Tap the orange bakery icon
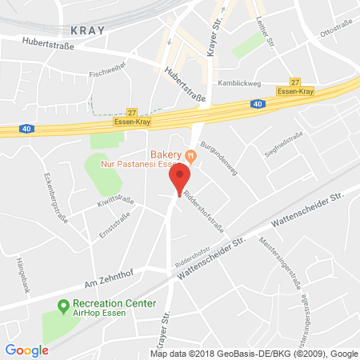tap(190, 154)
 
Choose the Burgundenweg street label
tap(215, 157)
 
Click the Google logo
tap(26, 350)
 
